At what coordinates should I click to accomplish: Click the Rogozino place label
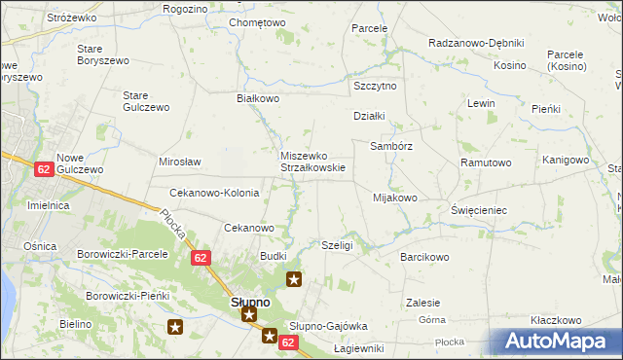tap(186, 9)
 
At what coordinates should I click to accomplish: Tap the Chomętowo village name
tap(257, 22)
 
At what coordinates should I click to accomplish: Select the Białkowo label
tap(258, 98)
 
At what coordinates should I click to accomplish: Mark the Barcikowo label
tap(424, 257)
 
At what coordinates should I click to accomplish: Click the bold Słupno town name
tap(250, 302)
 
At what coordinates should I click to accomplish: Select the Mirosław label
tap(179, 162)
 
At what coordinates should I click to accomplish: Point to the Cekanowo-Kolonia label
tap(214, 193)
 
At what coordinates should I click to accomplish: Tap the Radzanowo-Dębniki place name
tap(476, 44)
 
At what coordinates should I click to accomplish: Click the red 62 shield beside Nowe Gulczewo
tap(43, 168)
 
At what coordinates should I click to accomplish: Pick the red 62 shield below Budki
tap(201, 258)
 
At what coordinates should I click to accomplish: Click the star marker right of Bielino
tap(175, 328)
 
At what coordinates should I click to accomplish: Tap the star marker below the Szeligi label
tap(294, 280)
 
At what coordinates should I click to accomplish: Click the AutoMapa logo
tap(556, 342)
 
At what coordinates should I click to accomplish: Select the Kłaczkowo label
tap(556, 320)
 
